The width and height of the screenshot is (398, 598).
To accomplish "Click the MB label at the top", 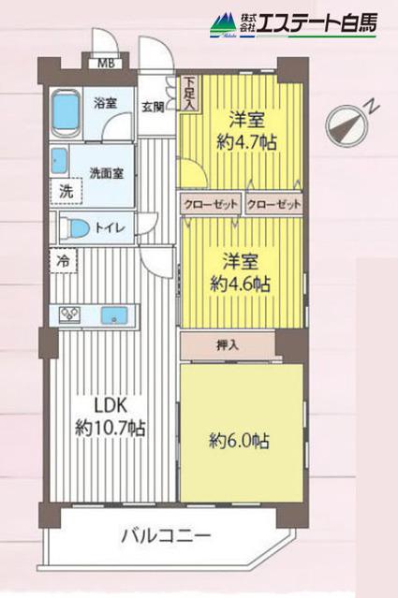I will click(x=107, y=65).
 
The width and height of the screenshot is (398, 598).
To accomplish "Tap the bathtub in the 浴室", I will click(x=66, y=112).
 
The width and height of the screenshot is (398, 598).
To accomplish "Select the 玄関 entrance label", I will click(x=154, y=107).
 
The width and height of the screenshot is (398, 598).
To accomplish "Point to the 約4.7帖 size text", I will click(x=243, y=144).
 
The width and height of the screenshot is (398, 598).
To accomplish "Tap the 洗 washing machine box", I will click(x=66, y=191).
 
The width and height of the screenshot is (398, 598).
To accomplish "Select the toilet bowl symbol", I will click(x=76, y=226).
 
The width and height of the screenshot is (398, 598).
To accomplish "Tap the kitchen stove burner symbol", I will click(x=71, y=314).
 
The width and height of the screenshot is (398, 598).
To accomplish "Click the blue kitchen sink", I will click(x=114, y=314).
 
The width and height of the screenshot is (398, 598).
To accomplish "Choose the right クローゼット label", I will click(x=274, y=203).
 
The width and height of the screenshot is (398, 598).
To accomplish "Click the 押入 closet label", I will click(x=228, y=344).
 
